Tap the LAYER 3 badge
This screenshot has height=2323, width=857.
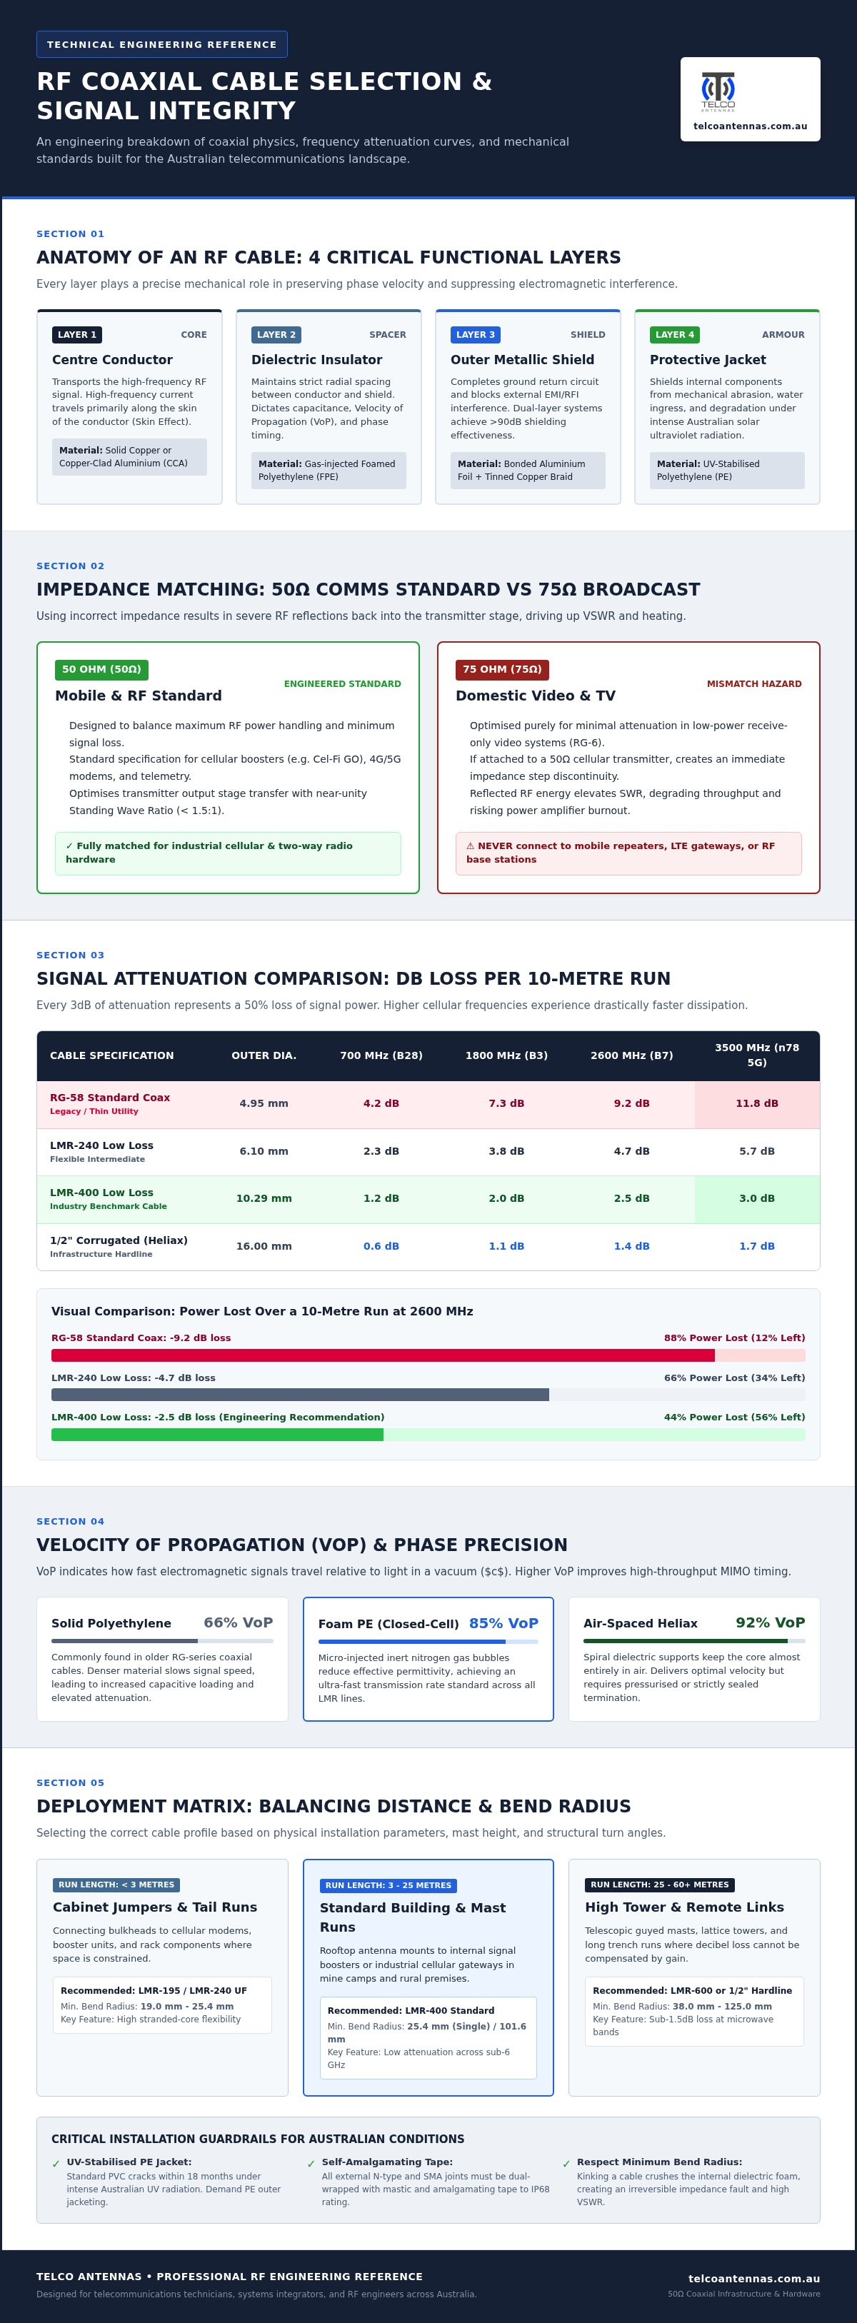tap(476, 335)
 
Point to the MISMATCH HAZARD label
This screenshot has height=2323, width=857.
tap(754, 683)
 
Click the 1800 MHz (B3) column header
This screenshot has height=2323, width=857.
tap(506, 1055)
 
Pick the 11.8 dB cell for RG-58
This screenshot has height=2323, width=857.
tap(757, 1103)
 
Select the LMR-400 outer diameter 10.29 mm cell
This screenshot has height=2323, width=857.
tap(264, 1198)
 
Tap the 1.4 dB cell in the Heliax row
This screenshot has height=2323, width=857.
tap(631, 1246)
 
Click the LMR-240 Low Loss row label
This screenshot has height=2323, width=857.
tap(102, 1145)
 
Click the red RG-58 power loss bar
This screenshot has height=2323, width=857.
tap(383, 1355)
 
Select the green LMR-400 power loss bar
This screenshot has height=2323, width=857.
tap(217, 1435)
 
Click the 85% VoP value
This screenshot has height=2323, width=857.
tap(503, 1623)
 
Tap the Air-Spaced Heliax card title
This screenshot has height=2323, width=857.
tap(641, 1623)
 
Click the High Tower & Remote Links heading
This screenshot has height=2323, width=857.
tap(685, 1907)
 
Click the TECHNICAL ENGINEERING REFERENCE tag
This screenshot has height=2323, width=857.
tap(161, 44)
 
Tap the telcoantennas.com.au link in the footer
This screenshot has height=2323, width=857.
tap(754, 2279)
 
